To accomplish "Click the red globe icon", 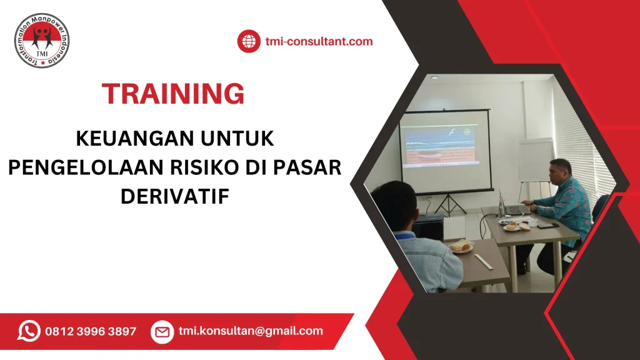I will click(x=248, y=42).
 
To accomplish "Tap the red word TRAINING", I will click(x=173, y=94).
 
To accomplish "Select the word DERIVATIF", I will click(x=175, y=196).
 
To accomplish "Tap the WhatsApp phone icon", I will click(x=29, y=331).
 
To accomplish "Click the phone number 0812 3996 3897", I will click(x=91, y=331).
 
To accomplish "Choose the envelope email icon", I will click(x=162, y=331).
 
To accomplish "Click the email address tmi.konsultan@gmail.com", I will click(x=251, y=331).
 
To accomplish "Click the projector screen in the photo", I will click(x=445, y=150).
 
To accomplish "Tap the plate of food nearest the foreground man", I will click(x=461, y=247).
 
